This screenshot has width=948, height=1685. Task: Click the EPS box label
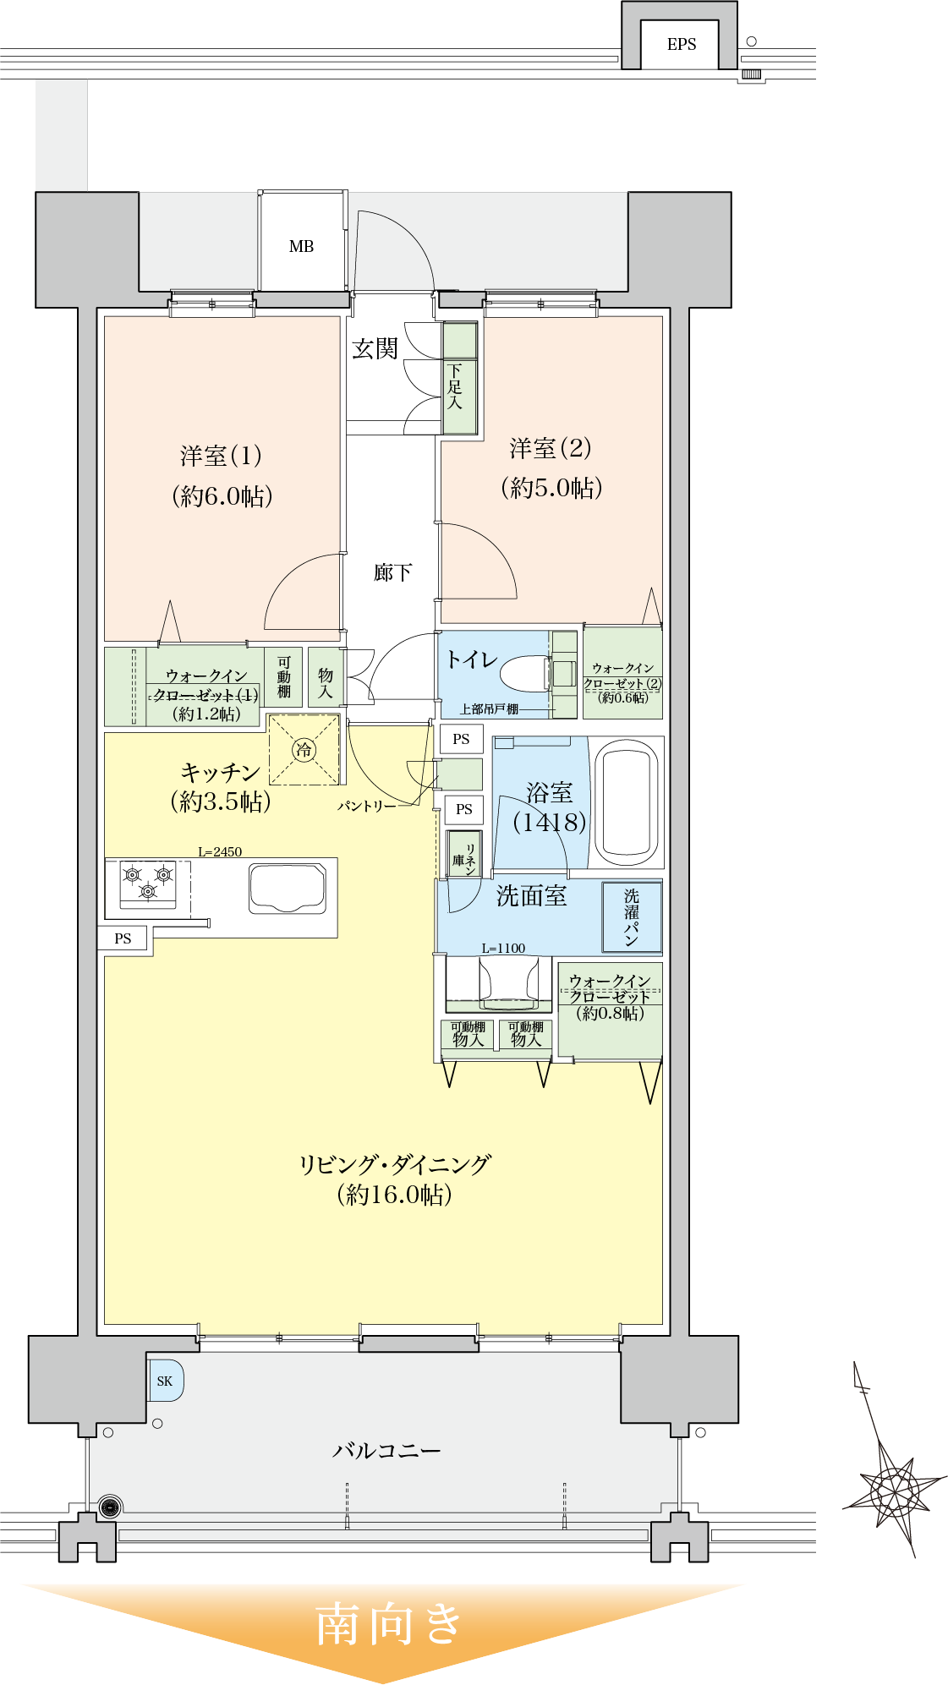coord(681,45)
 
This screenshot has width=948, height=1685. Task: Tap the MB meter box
coord(302,246)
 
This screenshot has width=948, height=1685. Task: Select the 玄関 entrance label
coord(375,348)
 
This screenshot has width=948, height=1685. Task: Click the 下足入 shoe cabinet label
coord(455,386)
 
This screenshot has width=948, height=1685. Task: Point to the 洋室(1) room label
coord(221,457)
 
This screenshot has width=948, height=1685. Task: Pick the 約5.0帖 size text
coord(551,488)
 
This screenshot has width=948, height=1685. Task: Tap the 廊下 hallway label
coord(392,572)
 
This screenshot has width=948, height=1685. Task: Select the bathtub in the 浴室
coord(627,801)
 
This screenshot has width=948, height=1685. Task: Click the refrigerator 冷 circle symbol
coord(304,749)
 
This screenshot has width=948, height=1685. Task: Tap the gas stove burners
coord(148,883)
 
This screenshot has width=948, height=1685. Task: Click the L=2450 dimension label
coord(220,851)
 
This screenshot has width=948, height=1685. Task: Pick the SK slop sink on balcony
coord(165,1381)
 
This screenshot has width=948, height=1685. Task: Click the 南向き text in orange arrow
coord(388,1624)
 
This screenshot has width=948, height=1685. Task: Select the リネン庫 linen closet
coord(463,855)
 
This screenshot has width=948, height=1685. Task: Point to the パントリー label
coord(366,807)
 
